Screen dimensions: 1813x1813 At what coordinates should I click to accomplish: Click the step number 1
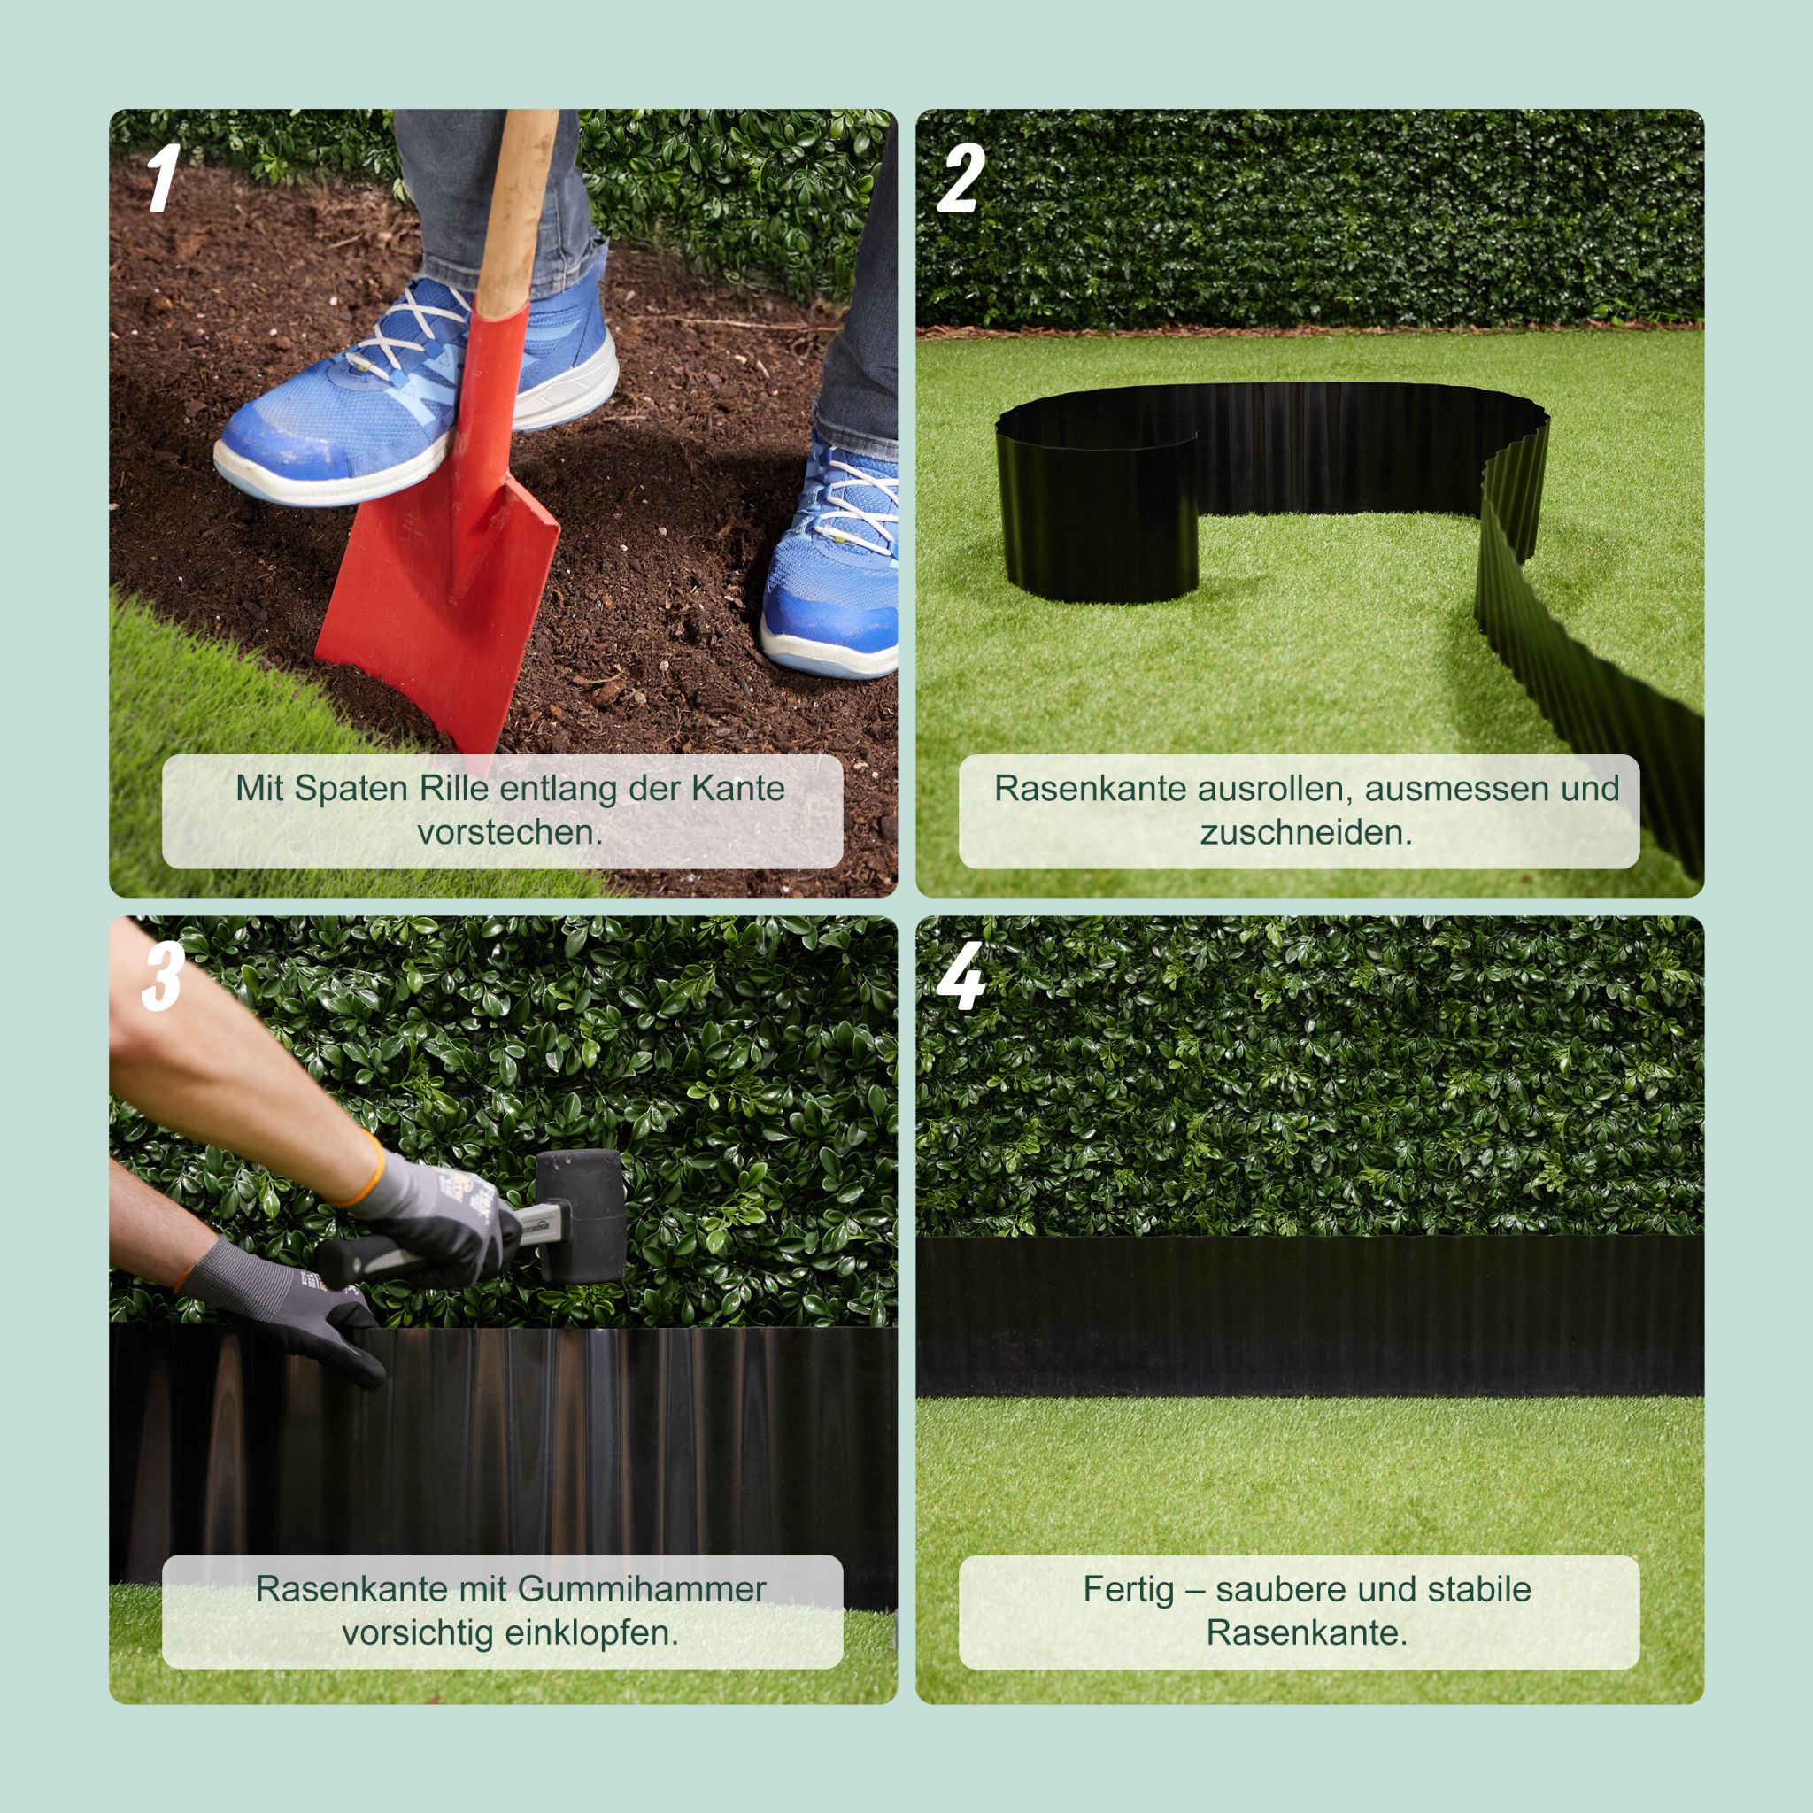point(162,178)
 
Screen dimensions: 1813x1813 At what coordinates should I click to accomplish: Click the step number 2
point(961,178)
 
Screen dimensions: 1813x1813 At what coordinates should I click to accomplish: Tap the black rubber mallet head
point(579,1216)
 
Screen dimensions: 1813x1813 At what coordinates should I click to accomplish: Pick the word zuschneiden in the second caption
point(1307,832)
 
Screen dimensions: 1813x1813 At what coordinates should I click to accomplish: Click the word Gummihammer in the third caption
point(642,1589)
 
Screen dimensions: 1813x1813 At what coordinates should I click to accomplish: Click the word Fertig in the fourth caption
point(1128,1590)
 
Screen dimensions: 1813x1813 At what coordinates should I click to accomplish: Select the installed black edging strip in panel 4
point(1310,1316)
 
